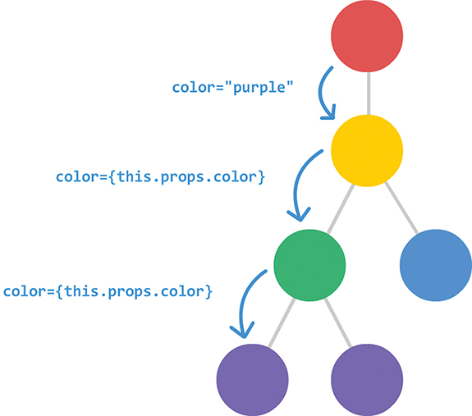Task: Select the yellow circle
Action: tap(367, 151)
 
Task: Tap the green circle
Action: tap(309, 265)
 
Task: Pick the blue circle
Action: tap(435, 265)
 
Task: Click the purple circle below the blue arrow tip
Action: tap(252, 379)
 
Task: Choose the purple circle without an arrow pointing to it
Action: tap(367, 379)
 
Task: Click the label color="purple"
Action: tap(233, 87)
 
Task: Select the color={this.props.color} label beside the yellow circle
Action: tap(161, 176)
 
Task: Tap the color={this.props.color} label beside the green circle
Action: tap(108, 290)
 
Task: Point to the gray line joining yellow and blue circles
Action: tap(400, 206)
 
